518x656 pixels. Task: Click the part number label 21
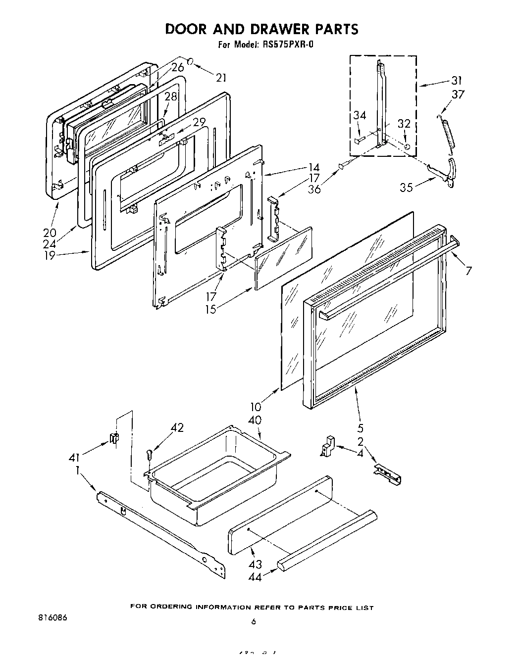pos(221,77)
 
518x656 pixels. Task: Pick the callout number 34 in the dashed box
pos(360,116)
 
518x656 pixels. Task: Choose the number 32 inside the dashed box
pos(404,124)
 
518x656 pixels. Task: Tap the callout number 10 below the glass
pos(256,407)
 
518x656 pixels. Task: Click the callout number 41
pos(75,458)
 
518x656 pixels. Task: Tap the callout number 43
pos(256,564)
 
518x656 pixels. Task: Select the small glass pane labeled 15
pos(283,258)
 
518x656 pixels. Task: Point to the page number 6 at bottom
pos(253,636)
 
